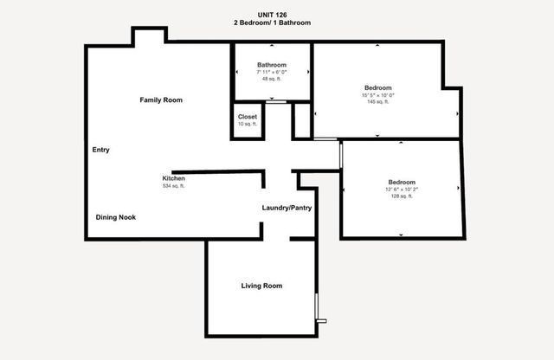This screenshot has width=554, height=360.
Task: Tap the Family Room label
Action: (161, 100)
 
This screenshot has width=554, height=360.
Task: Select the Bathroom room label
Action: (272, 65)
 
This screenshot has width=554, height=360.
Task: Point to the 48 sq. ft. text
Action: (272, 79)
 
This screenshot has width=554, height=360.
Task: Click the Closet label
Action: (248, 116)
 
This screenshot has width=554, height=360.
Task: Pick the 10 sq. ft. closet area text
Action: (248, 124)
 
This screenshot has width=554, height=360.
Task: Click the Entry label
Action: (101, 150)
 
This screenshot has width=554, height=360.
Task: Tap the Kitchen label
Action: (174, 178)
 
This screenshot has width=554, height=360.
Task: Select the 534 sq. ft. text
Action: (174, 186)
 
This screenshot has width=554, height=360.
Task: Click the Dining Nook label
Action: (115, 216)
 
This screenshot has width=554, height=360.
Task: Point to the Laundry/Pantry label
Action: (287, 208)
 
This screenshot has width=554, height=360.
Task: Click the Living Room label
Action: (261, 286)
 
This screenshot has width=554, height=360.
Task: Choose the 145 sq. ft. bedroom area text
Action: (377, 102)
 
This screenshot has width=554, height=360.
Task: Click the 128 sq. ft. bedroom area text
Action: (401, 196)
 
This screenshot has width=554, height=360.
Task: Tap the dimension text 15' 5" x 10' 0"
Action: (377, 95)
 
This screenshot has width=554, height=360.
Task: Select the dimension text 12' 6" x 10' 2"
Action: (401, 190)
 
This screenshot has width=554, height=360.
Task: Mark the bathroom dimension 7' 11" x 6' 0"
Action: (272, 72)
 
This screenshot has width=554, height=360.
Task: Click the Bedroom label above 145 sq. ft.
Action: (378, 87)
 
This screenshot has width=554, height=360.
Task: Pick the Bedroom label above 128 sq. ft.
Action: (402, 182)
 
